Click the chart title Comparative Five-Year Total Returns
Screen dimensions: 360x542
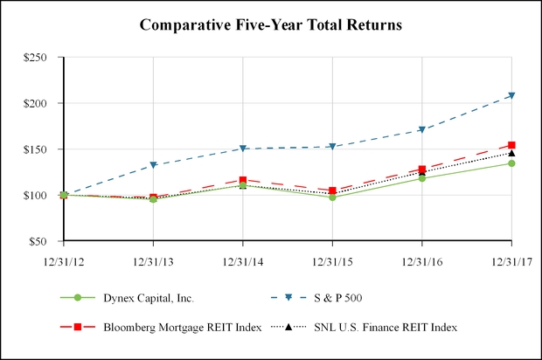[270, 25]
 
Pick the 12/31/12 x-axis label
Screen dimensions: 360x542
[64, 260]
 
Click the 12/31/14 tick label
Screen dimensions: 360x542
[243, 260]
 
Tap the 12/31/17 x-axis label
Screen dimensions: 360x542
[511, 260]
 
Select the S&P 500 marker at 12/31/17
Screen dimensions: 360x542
[511, 96]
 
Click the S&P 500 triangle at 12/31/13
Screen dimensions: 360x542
[154, 165]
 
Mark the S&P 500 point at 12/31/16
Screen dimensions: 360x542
[422, 130]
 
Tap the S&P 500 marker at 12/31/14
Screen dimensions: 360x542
[243, 149]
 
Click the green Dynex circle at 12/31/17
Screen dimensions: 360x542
[511, 163]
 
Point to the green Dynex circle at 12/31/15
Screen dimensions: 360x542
[332, 197]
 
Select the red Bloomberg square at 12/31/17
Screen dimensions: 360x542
[511, 145]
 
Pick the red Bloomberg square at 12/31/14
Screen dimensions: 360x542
[243, 180]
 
